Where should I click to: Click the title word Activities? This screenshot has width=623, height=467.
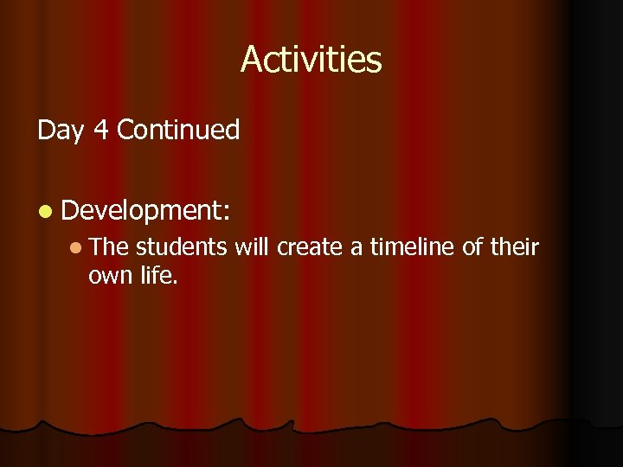pyautogui.click(x=311, y=60)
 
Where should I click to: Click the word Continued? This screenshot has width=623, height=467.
pyautogui.click(x=177, y=131)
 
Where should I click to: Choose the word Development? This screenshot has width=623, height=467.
pyautogui.click(x=138, y=211)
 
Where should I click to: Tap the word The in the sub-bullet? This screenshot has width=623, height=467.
pyautogui.click(x=108, y=248)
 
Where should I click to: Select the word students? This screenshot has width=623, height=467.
pyautogui.click(x=181, y=248)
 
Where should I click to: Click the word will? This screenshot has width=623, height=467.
pyautogui.click(x=252, y=248)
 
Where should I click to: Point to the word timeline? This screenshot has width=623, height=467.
pyautogui.click(x=413, y=248)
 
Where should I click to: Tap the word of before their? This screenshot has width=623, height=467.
pyautogui.click(x=472, y=248)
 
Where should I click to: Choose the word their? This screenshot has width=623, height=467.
pyautogui.click(x=514, y=248)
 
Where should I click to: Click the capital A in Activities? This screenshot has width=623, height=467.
pyautogui.click(x=251, y=60)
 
